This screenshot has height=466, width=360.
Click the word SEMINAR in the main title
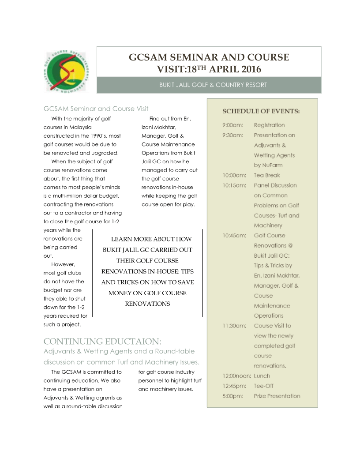click(x=188, y=58)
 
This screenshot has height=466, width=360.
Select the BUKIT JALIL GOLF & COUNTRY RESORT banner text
click(x=213, y=85)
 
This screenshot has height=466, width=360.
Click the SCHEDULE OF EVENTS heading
click(x=261, y=111)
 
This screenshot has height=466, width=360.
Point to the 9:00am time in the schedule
click(x=232, y=125)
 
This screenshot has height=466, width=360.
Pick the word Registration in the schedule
click(x=269, y=125)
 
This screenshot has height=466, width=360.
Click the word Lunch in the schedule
click(x=262, y=376)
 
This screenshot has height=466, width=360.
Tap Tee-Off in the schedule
click(x=264, y=386)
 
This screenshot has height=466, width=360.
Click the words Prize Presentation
click(x=277, y=396)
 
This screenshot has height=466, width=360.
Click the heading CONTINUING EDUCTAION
click(x=103, y=341)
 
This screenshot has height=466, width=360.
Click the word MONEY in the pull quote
click(x=122, y=293)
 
